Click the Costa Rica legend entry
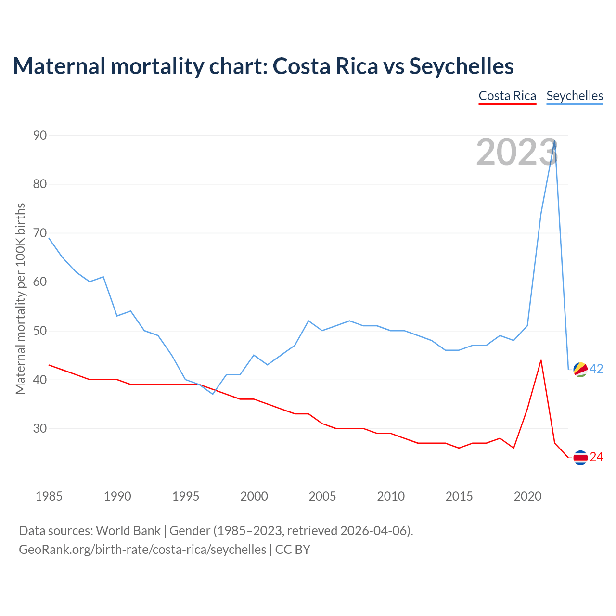pyautogui.click(x=507, y=96)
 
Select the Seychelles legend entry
pyautogui.click(x=575, y=96)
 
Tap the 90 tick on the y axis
pyautogui.click(x=40, y=135)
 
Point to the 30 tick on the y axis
pyautogui.click(x=40, y=428)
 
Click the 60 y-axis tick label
pyautogui.click(x=40, y=282)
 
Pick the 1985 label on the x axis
pyautogui.click(x=49, y=496)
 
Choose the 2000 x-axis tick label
pyautogui.click(x=254, y=496)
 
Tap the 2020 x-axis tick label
pyautogui.click(x=527, y=496)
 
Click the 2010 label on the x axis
pyautogui.click(x=390, y=496)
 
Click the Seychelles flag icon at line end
pyautogui.click(x=580, y=369)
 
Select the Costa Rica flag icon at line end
pyautogui.click(x=580, y=457)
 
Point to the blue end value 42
pyautogui.click(x=596, y=369)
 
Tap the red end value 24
pyautogui.click(x=596, y=457)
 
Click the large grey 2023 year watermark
pyautogui.click(x=517, y=152)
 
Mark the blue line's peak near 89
pyautogui.click(x=555, y=141)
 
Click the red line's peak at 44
pyautogui.click(x=541, y=360)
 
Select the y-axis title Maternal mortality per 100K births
pyautogui.click(x=20, y=298)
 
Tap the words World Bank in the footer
pyautogui.click(x=128, y=531)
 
